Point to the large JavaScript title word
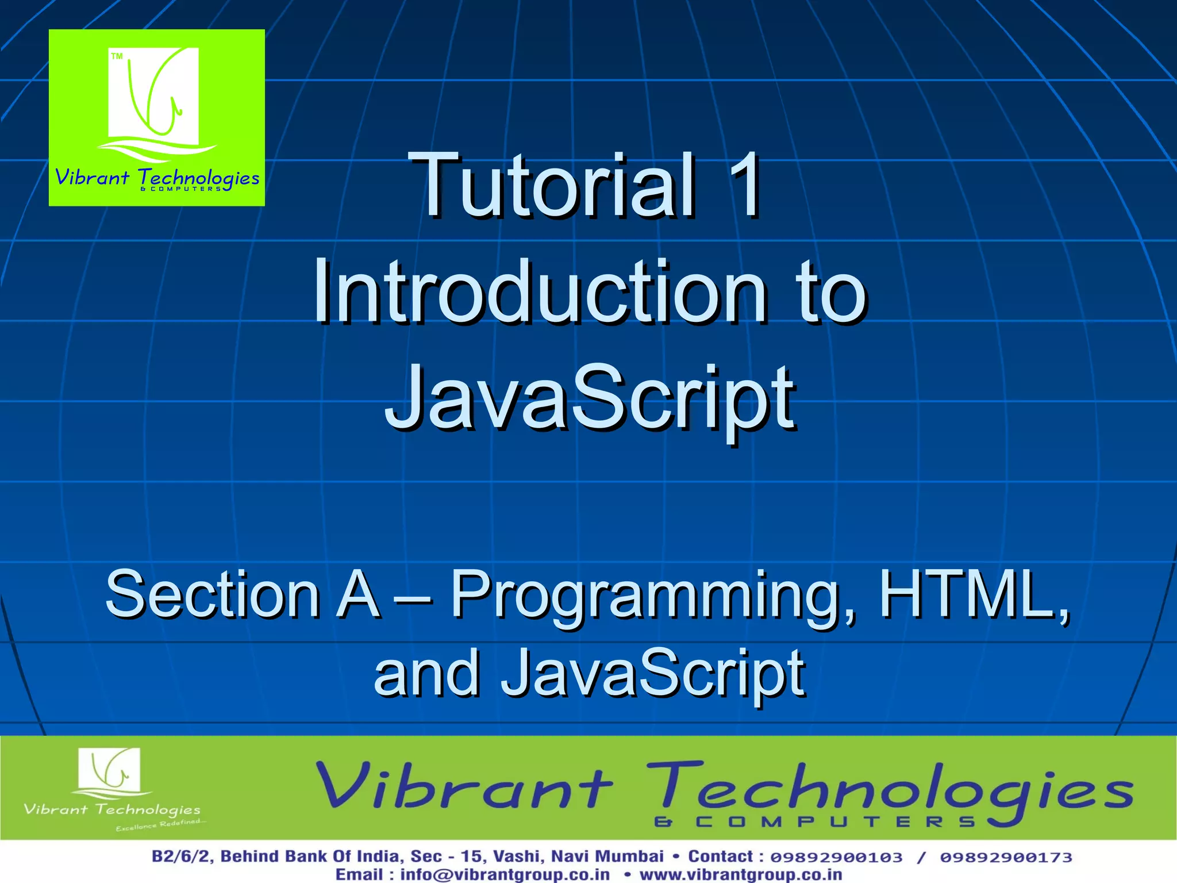590,398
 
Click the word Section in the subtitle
213,594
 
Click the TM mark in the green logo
117,56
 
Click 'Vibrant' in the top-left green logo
92,177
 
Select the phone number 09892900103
836,857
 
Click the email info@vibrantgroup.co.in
505,874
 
